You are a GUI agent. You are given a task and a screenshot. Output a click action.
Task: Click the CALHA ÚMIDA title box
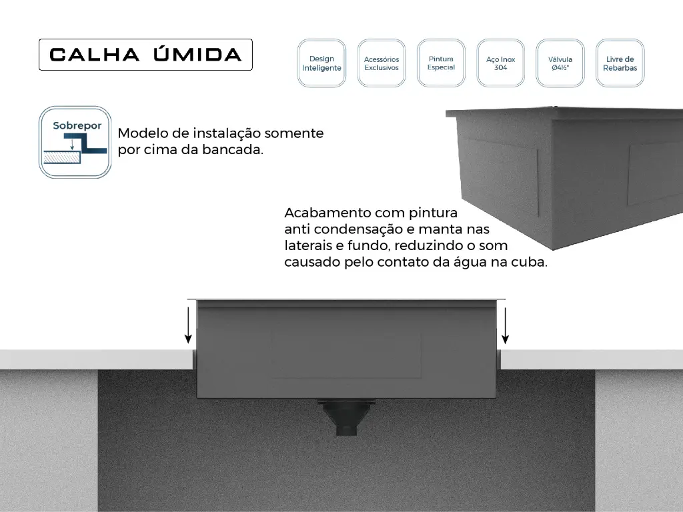coord(145,55)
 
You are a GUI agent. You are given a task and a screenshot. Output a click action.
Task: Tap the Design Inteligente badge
coord(321,63)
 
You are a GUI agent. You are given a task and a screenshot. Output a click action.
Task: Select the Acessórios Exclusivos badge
coord(382,63)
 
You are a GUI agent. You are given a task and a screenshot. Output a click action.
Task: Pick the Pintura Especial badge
coord(441,63)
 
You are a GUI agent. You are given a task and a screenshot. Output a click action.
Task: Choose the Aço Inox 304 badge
coord(500,63)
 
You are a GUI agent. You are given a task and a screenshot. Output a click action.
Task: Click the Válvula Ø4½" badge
coord(560,63)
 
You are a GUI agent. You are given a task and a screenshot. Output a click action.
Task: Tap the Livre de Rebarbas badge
coord(620,63)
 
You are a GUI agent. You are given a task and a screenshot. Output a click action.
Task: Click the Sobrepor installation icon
coord(75,142)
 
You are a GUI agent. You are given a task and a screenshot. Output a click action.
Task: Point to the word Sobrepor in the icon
coord(77,126)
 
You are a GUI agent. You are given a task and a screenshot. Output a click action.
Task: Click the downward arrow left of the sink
coord(188,325)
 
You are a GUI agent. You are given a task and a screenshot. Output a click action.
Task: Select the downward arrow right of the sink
coord(505,325)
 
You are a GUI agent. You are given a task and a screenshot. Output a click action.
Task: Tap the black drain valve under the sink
coord(346,417)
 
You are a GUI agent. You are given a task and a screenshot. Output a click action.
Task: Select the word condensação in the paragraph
coord(364,229)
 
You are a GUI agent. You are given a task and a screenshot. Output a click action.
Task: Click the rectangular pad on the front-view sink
coord(346,356)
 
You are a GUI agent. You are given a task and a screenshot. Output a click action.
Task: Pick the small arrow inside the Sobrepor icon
coord(72,144)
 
